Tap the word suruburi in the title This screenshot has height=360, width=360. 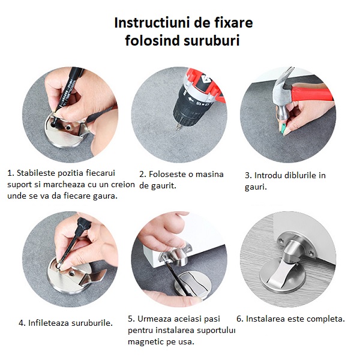211,40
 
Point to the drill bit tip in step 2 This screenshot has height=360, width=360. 178,129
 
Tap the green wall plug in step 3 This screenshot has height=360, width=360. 283,128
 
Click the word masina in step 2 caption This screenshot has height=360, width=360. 209,174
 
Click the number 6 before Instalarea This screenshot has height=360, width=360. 240,319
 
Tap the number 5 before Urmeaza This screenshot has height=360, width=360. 131,319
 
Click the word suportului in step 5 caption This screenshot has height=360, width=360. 216,331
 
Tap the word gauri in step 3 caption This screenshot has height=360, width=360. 256,187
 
